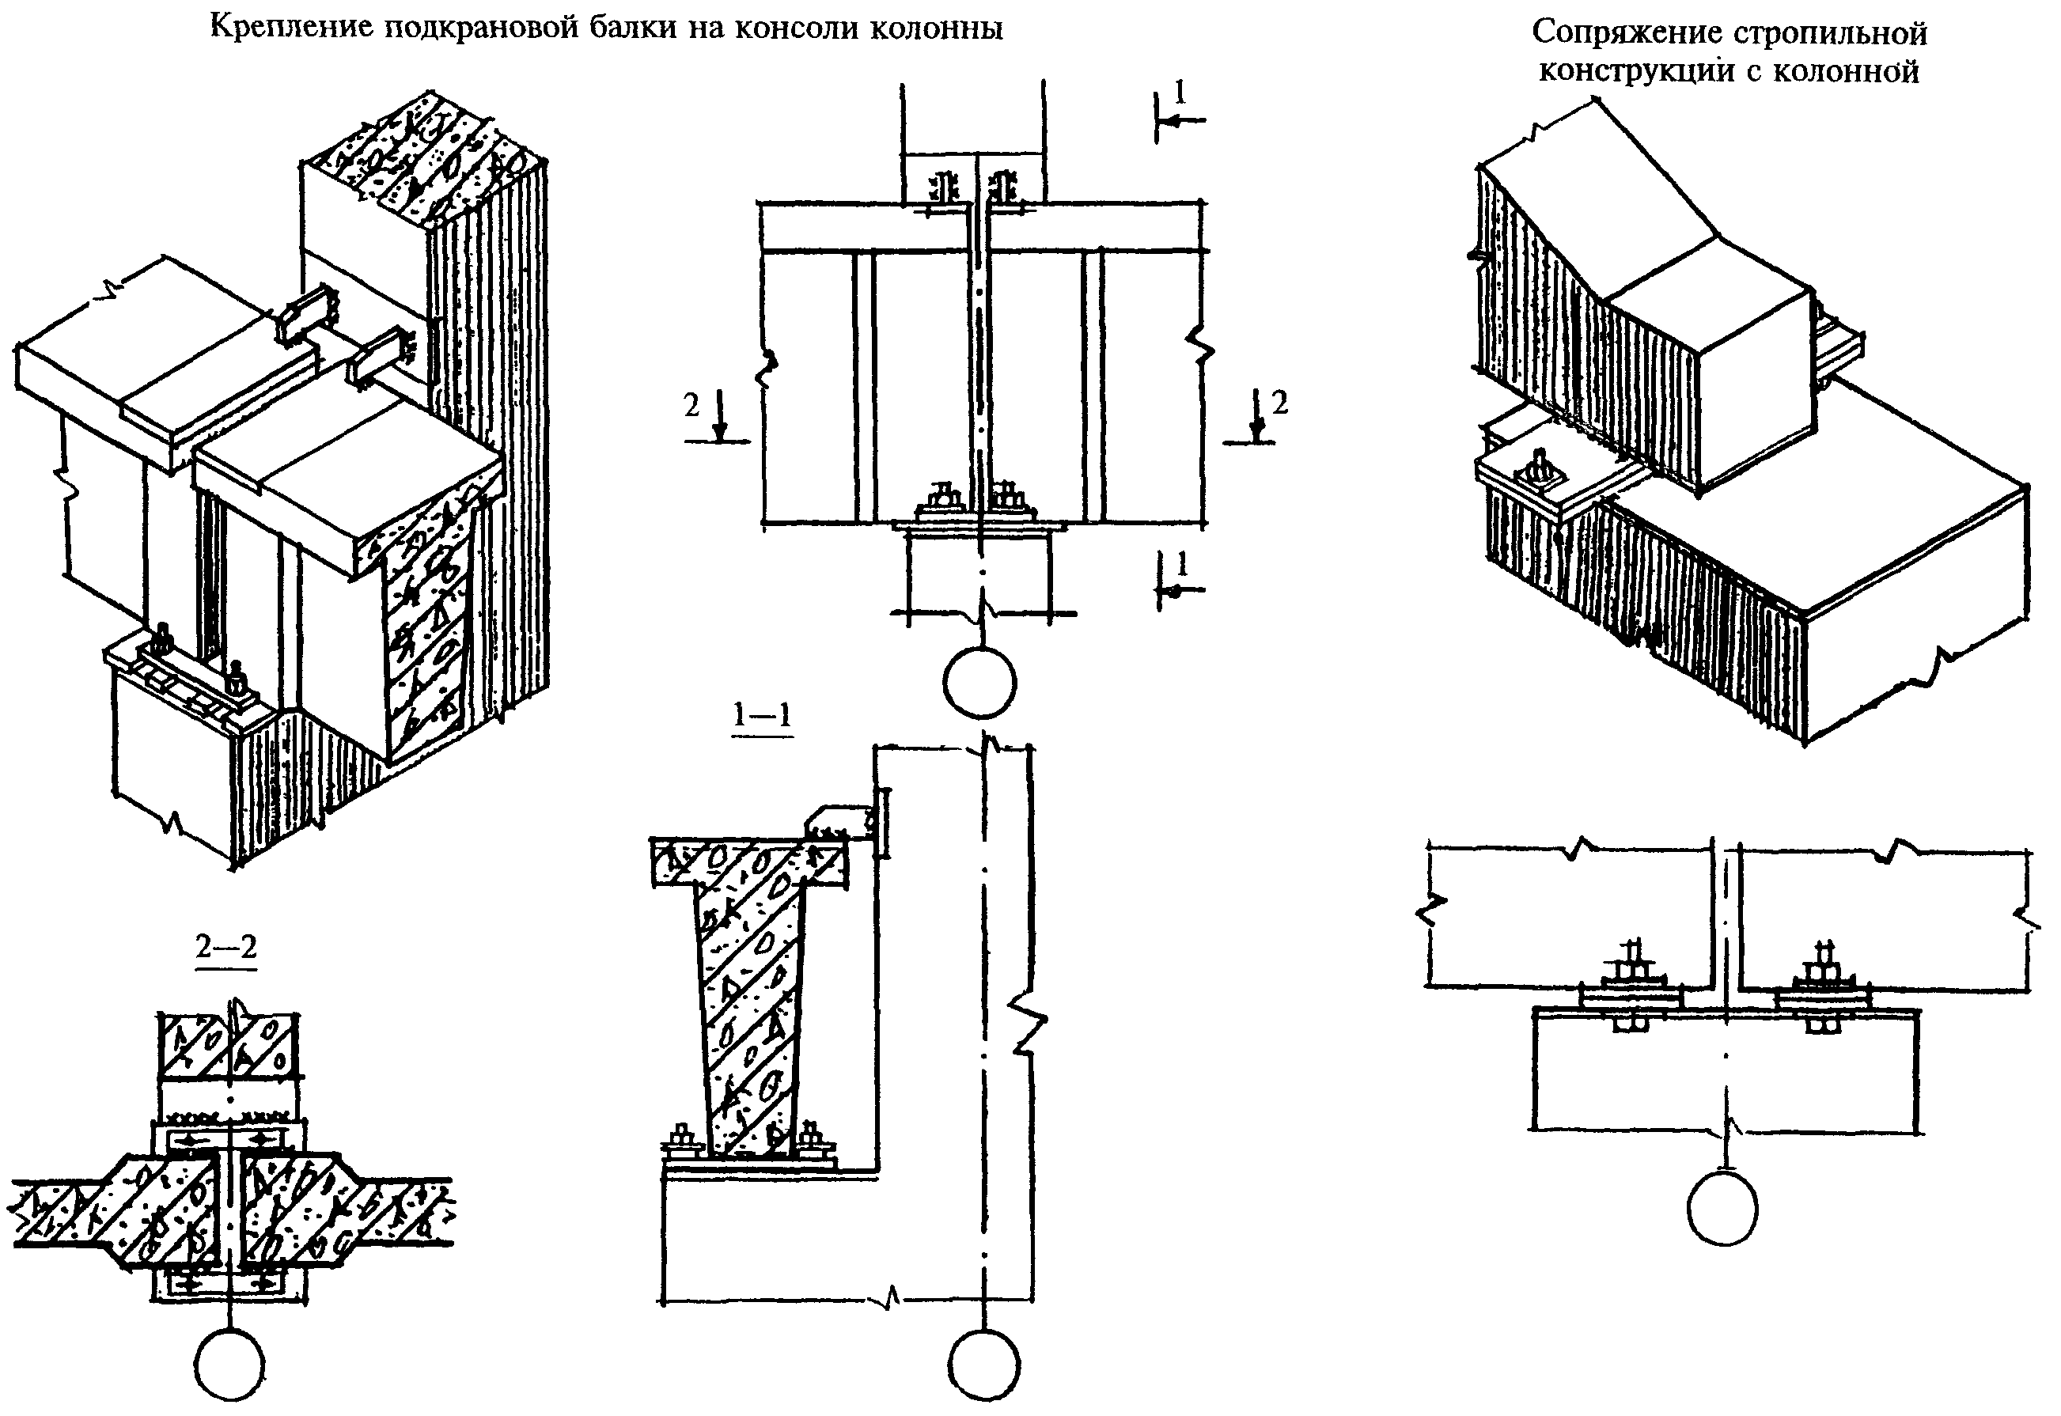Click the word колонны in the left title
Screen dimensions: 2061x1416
pyautogui.click(x=938, y=29)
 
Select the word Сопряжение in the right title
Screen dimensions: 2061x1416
pyautogui.click(x=1620, y=34)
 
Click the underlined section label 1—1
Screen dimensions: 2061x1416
pyautogui.click(x=761, y=717)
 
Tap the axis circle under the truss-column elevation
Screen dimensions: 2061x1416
pyautogui.click(x=1722, y=1209)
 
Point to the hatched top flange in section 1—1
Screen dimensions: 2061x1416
pyautogui.click(x=750, y=863)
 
